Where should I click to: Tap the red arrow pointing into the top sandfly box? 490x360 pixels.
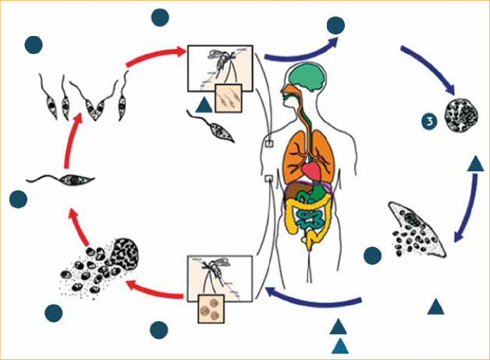(x=156, y=57)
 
